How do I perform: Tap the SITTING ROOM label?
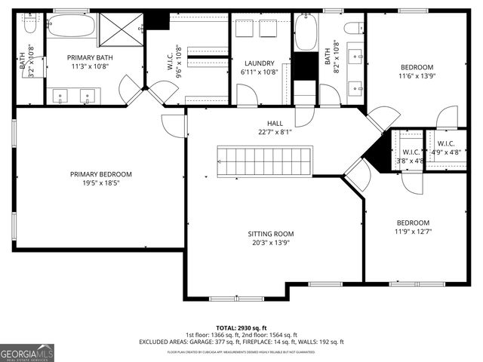(x=273, y=234)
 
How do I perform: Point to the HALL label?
(x=274, y=123)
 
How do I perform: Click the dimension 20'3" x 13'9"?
(x=273, y=243)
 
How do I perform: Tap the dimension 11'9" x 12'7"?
(x=413, y=232)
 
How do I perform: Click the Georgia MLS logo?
(x=27, y=351)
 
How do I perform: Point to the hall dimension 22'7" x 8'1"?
(x=274, y=132)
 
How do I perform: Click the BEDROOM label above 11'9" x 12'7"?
(x=413, y=222)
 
